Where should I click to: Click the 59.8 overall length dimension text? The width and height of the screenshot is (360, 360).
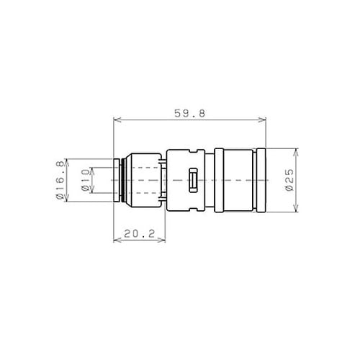coord(189,112)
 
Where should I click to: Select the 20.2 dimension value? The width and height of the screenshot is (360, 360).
coord(140,233)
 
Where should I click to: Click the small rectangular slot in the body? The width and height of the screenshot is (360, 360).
coord(192,181)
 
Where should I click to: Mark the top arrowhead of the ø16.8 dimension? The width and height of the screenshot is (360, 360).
coord(68,161)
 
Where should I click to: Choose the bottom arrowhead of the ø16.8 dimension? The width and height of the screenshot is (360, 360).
coord(68,199)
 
